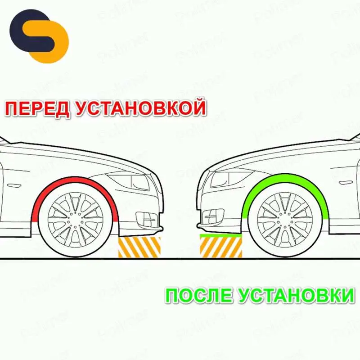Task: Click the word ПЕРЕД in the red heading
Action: (x=37, y=108)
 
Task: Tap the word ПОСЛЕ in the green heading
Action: (x=198, y=296)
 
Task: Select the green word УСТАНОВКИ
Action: (x=296, y=296)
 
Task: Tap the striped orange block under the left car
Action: (x=139, y=247)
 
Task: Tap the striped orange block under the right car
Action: (x=221, y=247)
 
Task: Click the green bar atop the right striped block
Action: (x=221, y=235)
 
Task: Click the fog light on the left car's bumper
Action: (x=146, y=219)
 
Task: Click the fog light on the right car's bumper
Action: (x=213, y=216)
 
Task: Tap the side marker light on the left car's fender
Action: (x=14, y=185)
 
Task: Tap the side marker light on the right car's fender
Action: (x=346, y=183)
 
